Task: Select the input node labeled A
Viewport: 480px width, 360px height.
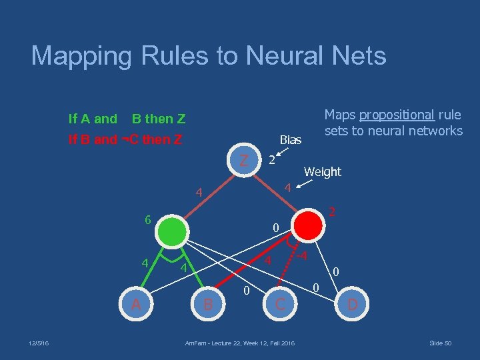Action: click(x=136, y=305)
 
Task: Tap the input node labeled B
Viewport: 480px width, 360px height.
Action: click(x=208, y=305)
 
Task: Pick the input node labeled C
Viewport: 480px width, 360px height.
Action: click(x=281, y=305)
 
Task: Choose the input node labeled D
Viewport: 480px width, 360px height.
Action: click(x=351, y=305)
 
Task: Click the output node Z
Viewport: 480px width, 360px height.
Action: click(x=245, y=161)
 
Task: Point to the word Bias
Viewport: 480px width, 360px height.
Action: click(x=291, y=140)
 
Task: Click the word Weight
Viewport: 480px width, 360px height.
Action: click(x=322, y=172)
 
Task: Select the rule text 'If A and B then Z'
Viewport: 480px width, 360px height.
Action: click(x=127, y=119)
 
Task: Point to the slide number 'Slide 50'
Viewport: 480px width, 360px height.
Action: click(x=440, y=343)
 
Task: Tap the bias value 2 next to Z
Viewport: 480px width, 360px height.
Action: click(x=271, y=161)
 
